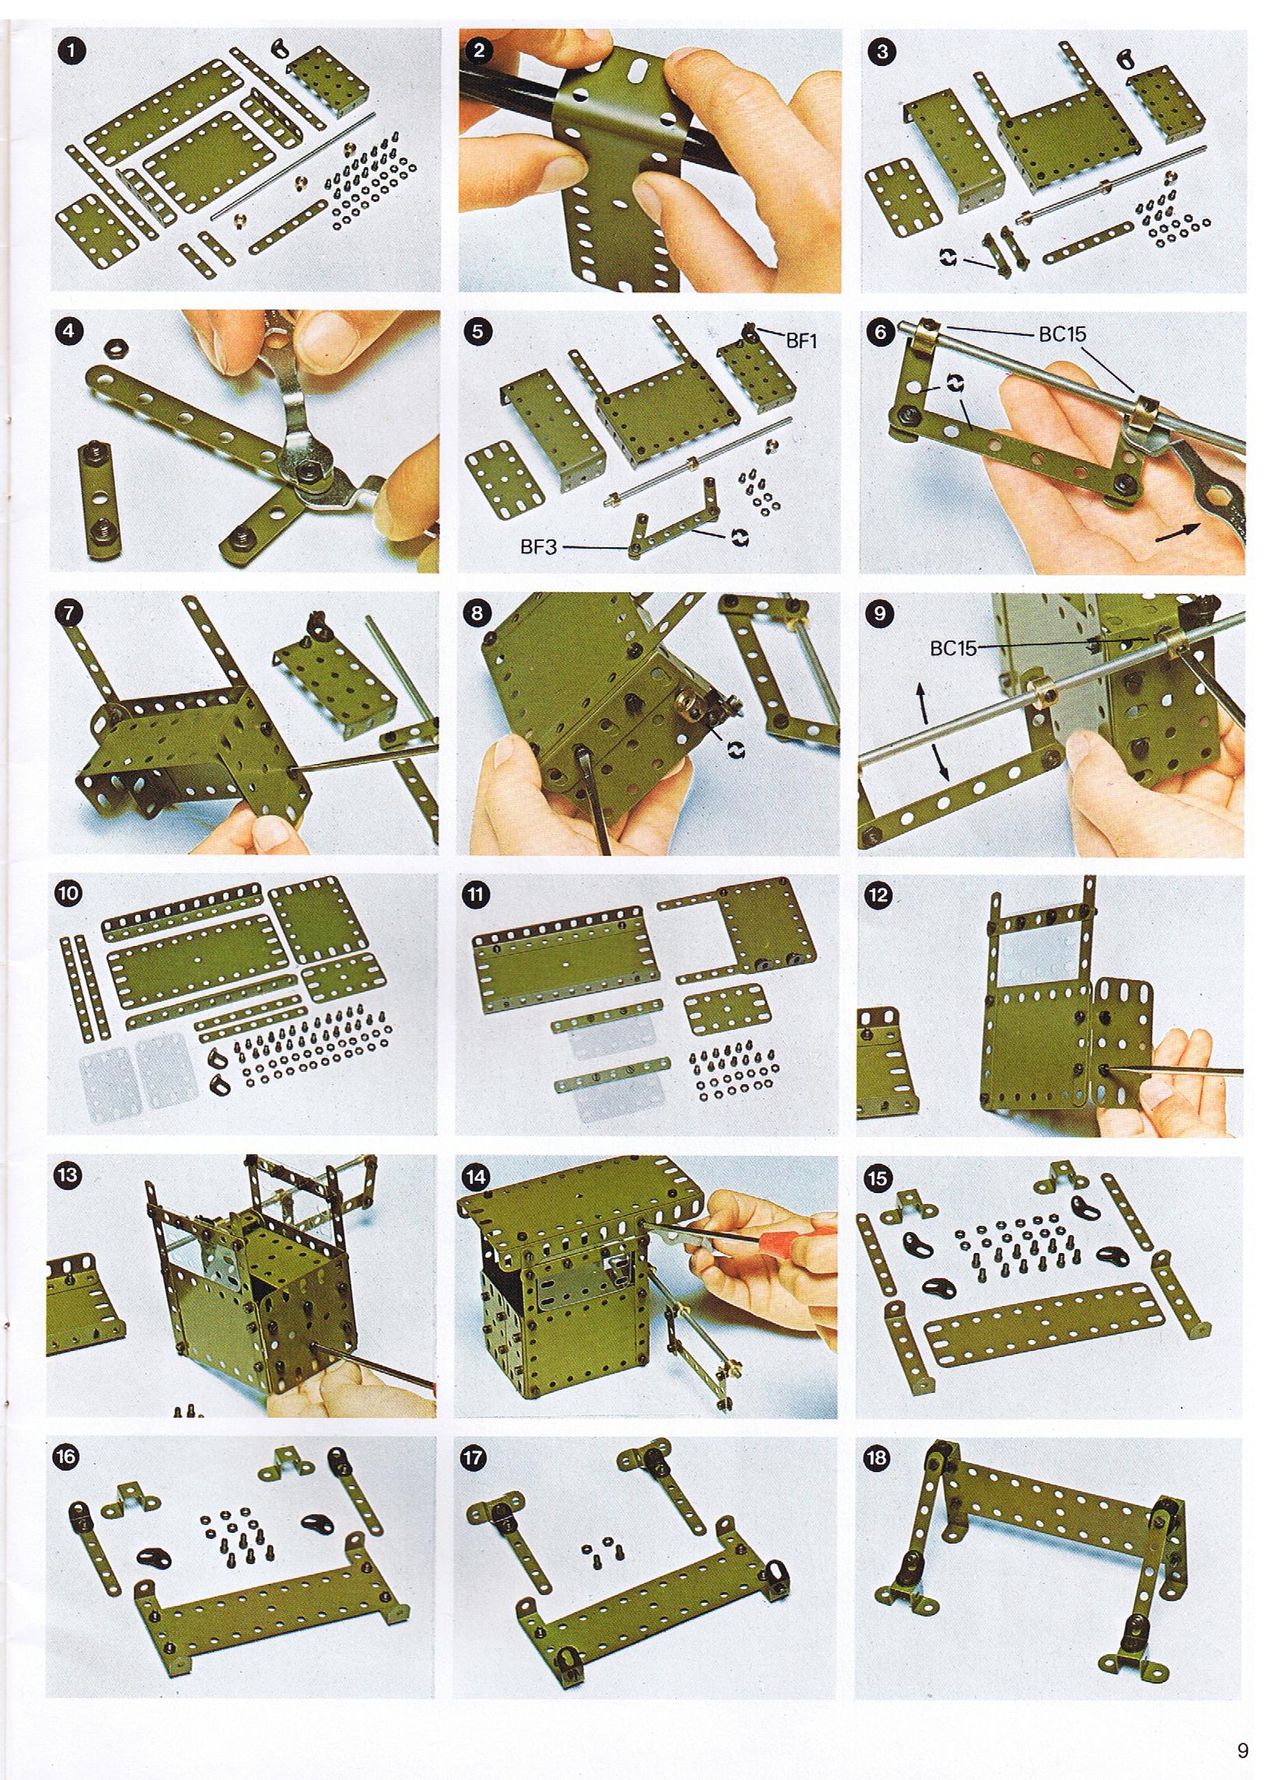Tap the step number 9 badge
coord(880,613)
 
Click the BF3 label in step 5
coord(538,547)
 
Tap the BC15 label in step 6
coord(1062,333)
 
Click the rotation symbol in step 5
coord(739,537)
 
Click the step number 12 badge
coord(878,895)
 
